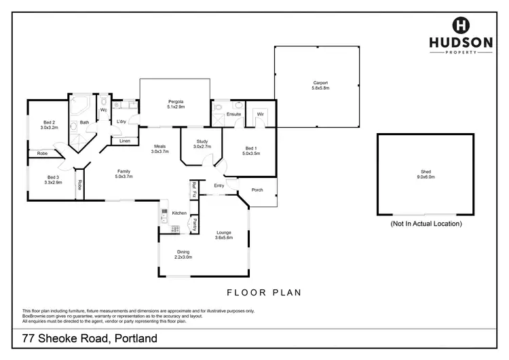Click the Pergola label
point(176,105)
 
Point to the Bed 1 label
point(251,151)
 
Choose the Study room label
point(202,143)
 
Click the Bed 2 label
point(50,124)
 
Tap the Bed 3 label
point(53,180)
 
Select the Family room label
point(124,174)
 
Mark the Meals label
point(159,149)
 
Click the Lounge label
point(223,234)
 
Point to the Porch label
point(256,190)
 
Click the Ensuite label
point(233,114)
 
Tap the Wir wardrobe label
point(260,114)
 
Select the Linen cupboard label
point(124,141)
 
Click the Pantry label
point(194,223)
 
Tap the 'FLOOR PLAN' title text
point(263,293)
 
